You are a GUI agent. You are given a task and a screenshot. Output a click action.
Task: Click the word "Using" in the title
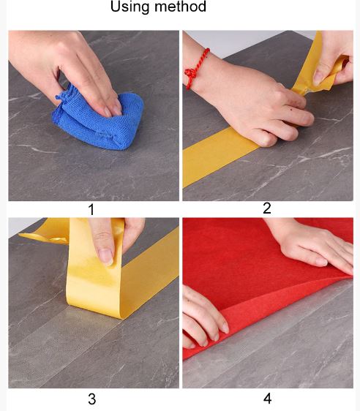point(130,7)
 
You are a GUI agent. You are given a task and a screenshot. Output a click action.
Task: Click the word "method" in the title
point(180,7)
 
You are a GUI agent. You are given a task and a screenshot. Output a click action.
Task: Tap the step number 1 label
point(91,210)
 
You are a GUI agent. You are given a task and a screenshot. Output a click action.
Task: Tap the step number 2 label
point(266,208)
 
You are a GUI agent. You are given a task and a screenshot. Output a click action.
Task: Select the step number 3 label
point(91,399)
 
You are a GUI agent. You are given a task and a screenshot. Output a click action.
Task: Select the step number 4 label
point(267,399)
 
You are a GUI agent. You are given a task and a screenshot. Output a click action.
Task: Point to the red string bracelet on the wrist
point(196,68)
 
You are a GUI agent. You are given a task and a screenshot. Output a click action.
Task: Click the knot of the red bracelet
point(190,72)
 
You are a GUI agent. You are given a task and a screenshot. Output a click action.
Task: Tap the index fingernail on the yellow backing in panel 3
point(106,257)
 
